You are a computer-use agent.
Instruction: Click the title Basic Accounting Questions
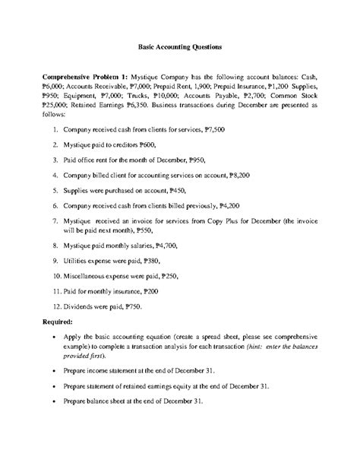click(x=180, y=47)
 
